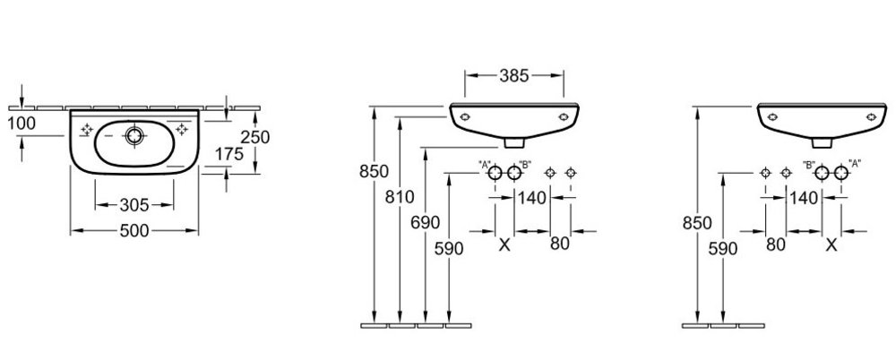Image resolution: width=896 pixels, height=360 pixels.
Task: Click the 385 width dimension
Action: click(x=514, y=75)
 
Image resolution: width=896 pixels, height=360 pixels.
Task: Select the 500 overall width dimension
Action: click(x=134, y=231)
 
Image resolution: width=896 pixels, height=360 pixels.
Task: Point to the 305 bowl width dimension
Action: click(x=134, y=204)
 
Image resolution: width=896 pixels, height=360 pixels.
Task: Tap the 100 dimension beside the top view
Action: click(x=22, y=123)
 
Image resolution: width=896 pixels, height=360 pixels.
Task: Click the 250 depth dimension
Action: click(x=254, y=138)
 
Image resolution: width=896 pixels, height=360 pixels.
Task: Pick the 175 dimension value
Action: click(x=229, y=154)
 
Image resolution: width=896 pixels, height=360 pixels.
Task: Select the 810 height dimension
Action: click(x=400, y=197)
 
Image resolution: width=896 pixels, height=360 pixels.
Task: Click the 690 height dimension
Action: click(x=426, y=223)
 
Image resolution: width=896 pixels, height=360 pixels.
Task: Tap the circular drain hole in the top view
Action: click(x=135, y=135)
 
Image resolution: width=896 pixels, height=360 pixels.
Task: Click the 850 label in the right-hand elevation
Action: click(x=697, y=223)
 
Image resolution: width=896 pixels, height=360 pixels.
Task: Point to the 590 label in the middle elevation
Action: click(x=449, y=249)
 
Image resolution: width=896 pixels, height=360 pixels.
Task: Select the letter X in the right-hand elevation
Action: click(x=832, y=245)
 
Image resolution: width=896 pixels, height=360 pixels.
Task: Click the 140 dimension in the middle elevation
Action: click(x=532, y=198)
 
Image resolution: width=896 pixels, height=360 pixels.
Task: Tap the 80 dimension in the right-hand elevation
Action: click(x=775, y=244)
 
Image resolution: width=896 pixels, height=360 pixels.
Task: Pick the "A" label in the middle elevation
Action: click(x=485, y=165)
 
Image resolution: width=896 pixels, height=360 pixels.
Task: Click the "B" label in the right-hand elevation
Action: click(x=808, y=165)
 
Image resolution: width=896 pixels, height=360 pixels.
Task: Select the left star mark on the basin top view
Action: click(x=87, y=130)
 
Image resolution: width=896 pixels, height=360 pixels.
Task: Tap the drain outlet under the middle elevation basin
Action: click(x=514, y=141)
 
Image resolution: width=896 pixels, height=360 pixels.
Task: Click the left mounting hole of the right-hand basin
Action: click(x=772, y=117)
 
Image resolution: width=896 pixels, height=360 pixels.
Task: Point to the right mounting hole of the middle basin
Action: click(x=564, y=117)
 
